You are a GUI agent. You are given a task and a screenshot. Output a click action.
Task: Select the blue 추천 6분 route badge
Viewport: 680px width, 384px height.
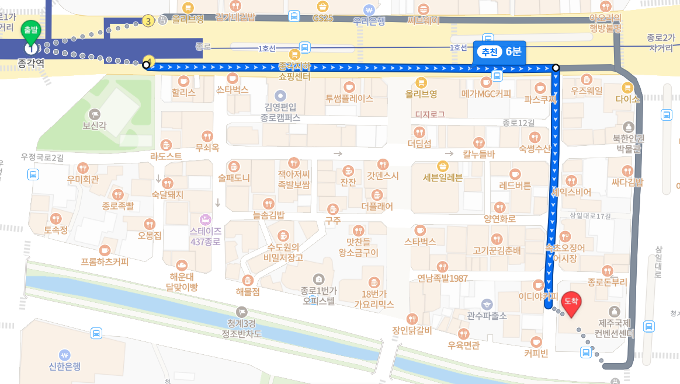point(499,51)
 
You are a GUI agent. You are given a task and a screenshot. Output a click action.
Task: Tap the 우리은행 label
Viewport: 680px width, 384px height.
point(369,20)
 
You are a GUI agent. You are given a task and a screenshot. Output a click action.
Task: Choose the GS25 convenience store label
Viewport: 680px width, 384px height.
point(322,18)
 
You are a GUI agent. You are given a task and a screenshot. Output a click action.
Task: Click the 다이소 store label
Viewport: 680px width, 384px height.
point(627,99)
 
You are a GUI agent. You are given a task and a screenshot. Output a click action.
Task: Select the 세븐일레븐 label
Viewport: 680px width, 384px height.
point(442,178)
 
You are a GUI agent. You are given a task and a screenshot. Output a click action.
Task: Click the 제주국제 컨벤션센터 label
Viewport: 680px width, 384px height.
point(613,329)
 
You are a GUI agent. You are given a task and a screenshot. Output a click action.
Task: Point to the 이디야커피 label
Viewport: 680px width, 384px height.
point(538,296)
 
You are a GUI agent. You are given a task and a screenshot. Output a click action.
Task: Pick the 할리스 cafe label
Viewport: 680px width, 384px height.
point(183,92)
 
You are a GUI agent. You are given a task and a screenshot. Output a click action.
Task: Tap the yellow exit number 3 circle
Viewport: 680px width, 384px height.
point(148,22)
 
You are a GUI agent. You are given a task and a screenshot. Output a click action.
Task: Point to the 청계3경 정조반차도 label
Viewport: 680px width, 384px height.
point(242,329)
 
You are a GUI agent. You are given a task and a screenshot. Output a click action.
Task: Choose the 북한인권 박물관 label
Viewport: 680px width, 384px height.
point(628,143)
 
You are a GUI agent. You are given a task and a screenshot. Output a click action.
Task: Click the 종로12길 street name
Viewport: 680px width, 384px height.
point(518,123)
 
